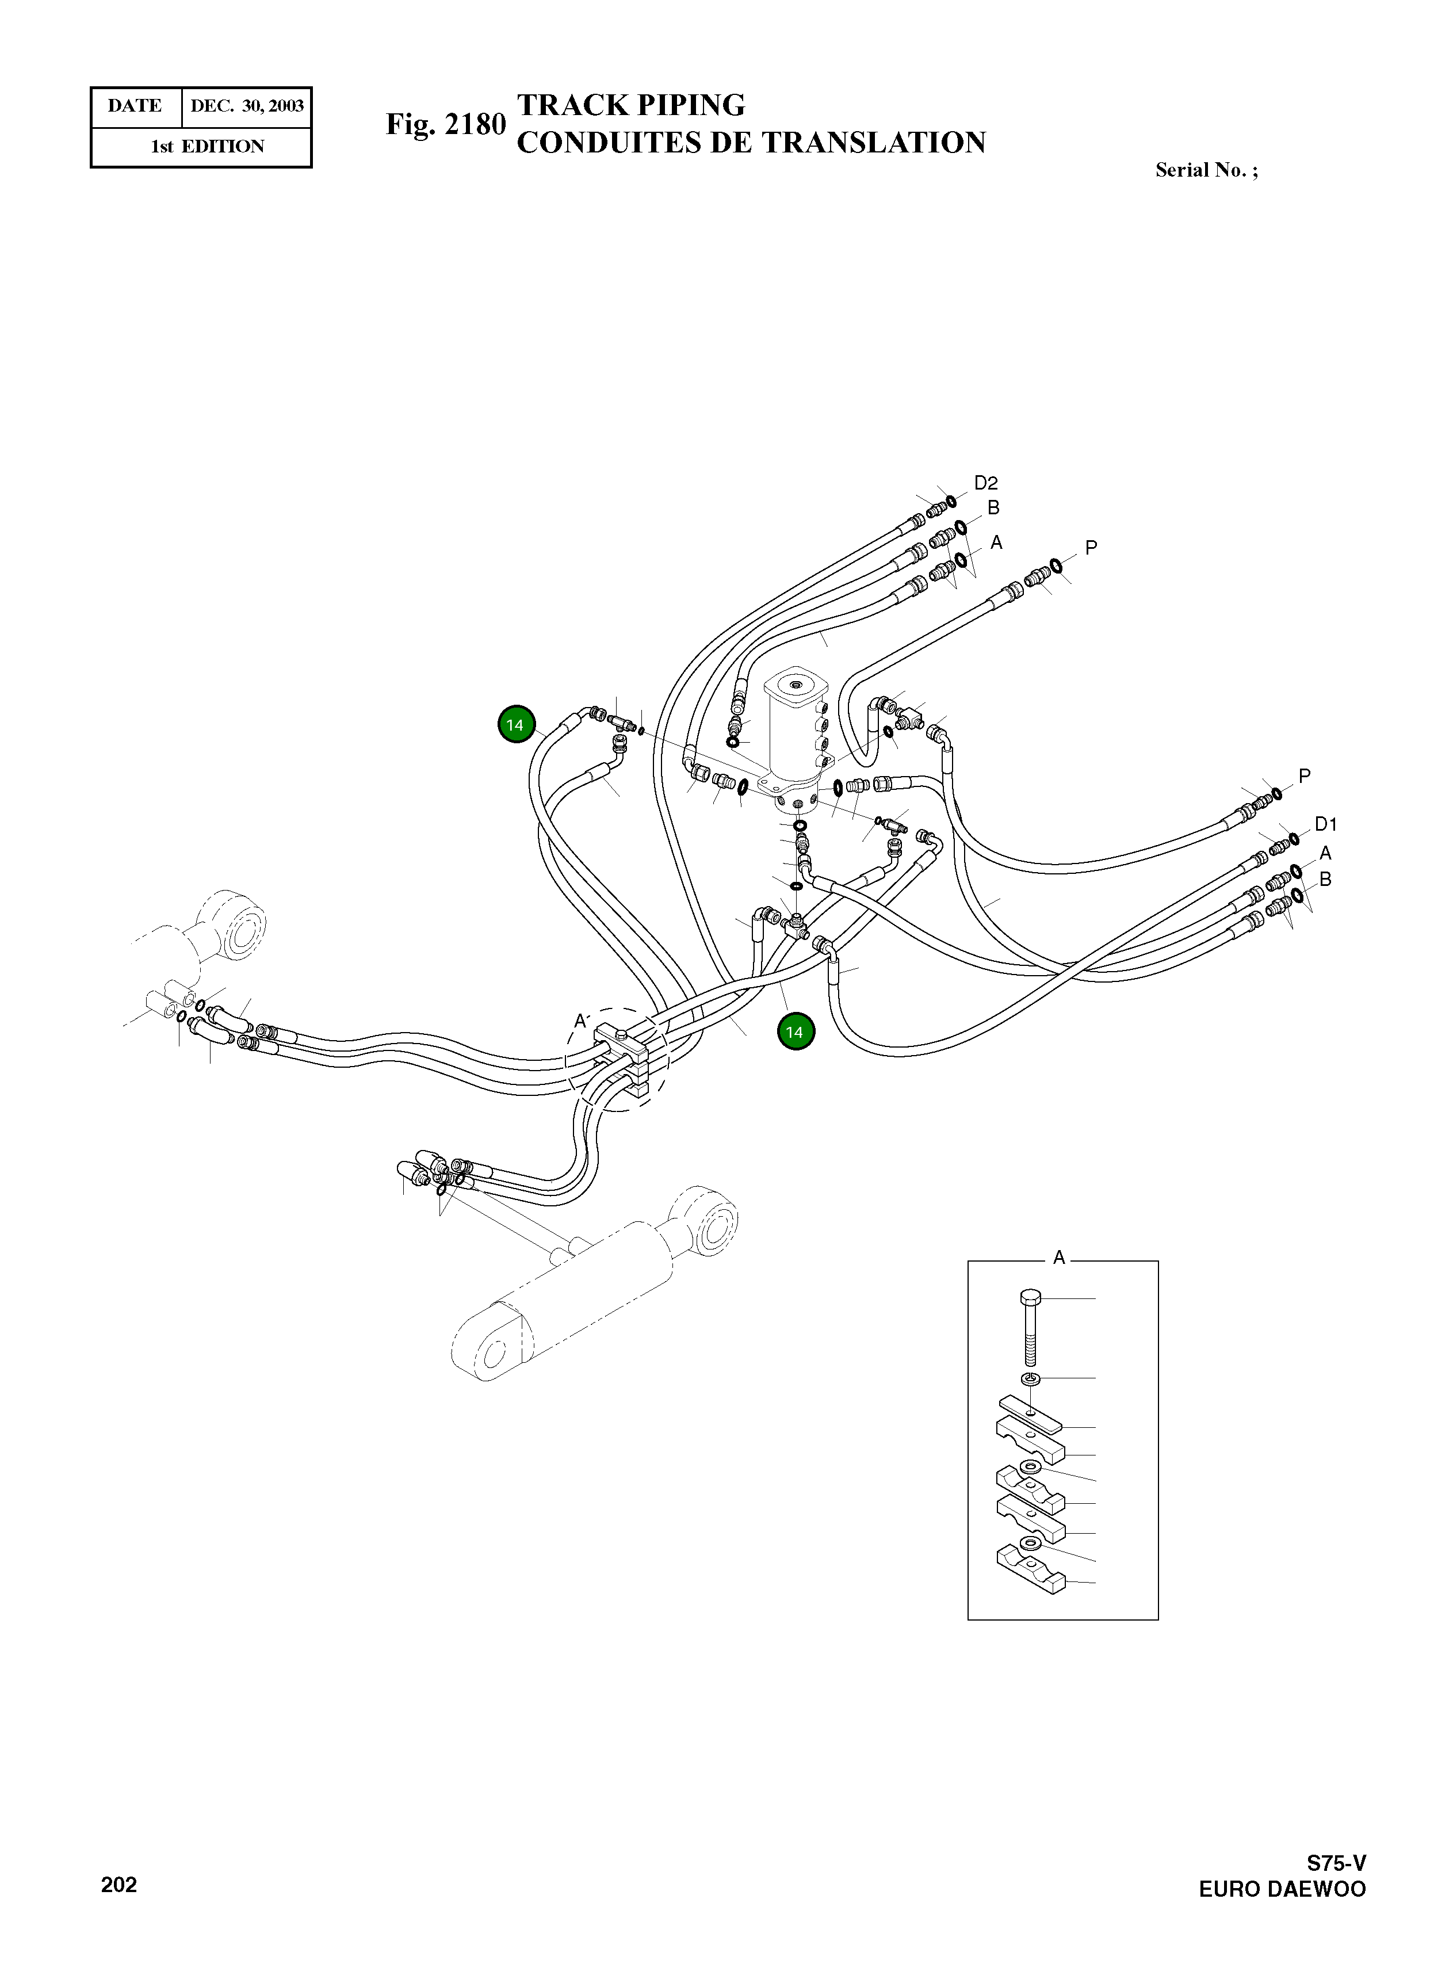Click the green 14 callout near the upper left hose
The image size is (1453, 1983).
(515, 725)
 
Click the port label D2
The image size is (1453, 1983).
(985, 483)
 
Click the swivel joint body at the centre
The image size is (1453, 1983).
(796, 730)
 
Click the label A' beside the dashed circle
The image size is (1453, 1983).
(580, 1021)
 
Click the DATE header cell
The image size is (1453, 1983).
(135, 106)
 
